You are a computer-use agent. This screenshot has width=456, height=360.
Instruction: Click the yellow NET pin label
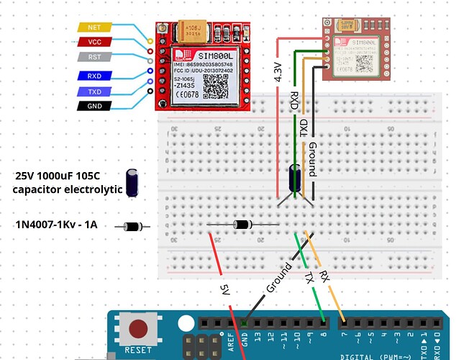tap(94, 27)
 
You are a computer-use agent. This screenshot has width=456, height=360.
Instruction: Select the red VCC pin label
tap(94, 42)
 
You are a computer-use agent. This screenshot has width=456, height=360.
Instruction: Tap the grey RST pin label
tap(94, 58)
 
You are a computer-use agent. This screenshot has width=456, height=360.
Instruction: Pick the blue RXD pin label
tap(94, 76)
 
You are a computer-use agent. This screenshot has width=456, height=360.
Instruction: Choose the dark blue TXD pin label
tap(94, 91)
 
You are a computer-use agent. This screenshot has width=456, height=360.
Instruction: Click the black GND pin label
tap(94, 107)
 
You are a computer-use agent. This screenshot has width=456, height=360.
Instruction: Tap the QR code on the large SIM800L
tap(214, 87)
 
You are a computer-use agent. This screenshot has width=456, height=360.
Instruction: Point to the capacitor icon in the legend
tap(132, 183)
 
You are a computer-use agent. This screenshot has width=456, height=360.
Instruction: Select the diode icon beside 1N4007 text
tap(132, 227)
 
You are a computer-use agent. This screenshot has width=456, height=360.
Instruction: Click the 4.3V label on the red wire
tap(279, 73)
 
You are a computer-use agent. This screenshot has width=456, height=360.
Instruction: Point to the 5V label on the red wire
tap(224, 289)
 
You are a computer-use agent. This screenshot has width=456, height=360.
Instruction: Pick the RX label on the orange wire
tap(324, 276)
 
